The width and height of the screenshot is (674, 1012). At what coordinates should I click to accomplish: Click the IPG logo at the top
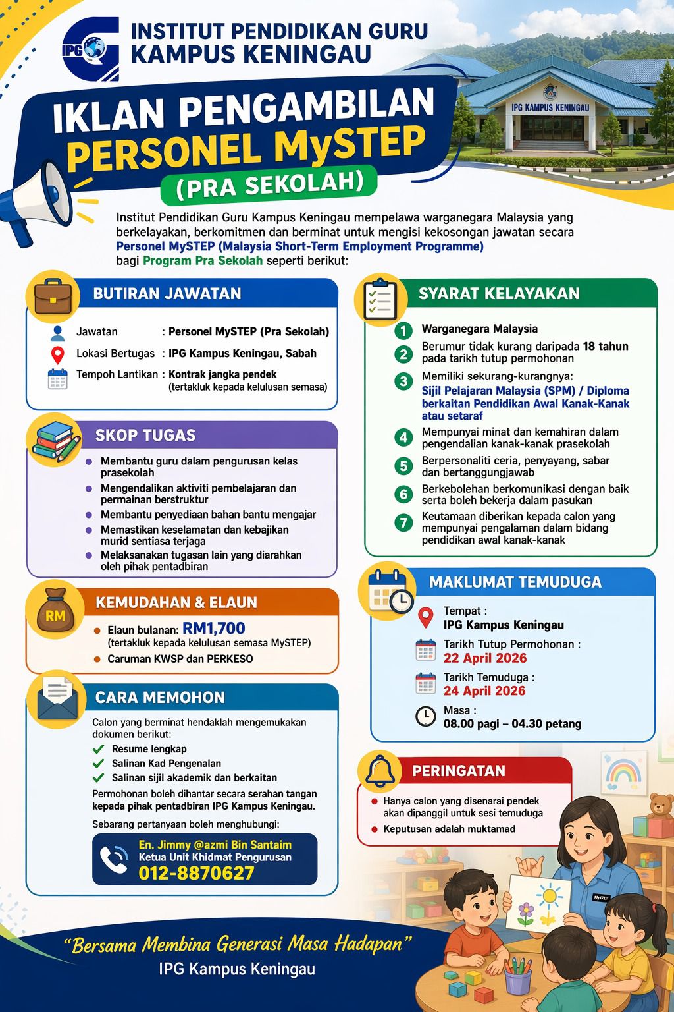91,48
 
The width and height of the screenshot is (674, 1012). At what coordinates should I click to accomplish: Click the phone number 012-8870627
196,873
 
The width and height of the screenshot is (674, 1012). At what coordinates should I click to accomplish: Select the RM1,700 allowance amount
214,629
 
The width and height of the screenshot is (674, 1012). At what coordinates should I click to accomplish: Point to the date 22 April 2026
485,658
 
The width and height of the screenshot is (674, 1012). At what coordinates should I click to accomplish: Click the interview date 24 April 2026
484,691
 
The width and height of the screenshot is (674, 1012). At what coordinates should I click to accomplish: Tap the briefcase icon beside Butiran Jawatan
53,296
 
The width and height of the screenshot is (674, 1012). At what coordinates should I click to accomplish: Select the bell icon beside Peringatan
380,770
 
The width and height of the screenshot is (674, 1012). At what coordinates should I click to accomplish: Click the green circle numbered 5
403,466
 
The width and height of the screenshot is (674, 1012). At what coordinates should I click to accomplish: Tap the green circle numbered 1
403,330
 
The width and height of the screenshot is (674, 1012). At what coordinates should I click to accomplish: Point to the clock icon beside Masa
426,716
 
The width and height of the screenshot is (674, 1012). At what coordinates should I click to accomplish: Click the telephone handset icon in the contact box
115,859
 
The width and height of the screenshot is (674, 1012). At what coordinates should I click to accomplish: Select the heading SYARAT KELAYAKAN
499,294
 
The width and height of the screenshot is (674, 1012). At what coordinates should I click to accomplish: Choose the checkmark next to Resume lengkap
99,749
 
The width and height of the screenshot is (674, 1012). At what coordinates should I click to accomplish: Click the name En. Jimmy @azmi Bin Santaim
215,845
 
